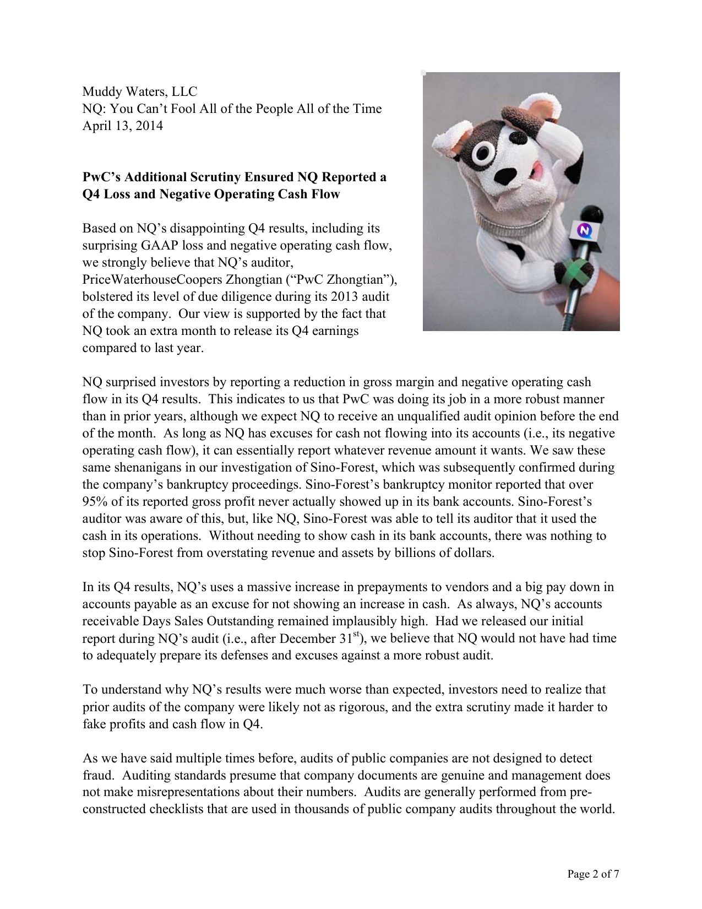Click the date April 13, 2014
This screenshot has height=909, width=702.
coord(122,126)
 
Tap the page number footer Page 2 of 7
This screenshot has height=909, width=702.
coord(593,874)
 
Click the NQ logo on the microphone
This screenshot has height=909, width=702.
coord(585,230)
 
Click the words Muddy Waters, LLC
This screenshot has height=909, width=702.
coord(139,91)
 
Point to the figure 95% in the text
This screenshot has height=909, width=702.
coord(95,501)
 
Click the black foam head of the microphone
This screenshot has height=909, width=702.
coord(591,213)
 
